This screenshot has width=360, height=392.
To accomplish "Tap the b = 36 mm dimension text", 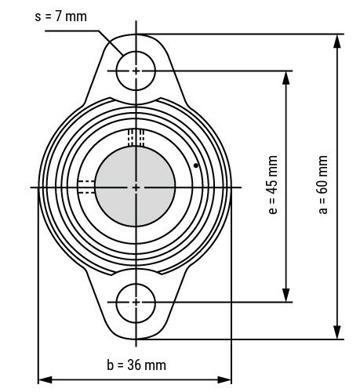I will click(136, 365).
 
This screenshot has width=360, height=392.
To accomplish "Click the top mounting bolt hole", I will click(136, 71).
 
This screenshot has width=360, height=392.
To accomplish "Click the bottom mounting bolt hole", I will click(136, 302).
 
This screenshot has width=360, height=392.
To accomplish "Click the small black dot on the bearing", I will click(195, 165).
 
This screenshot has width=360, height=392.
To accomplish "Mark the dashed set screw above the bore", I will click(136, 137).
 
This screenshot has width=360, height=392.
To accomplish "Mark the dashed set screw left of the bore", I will click(85, 186).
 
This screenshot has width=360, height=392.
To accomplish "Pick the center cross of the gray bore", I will click(136, 187).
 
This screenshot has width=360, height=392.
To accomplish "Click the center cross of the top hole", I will click(136, 71).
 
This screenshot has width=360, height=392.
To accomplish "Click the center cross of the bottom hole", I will click(136, 302).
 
